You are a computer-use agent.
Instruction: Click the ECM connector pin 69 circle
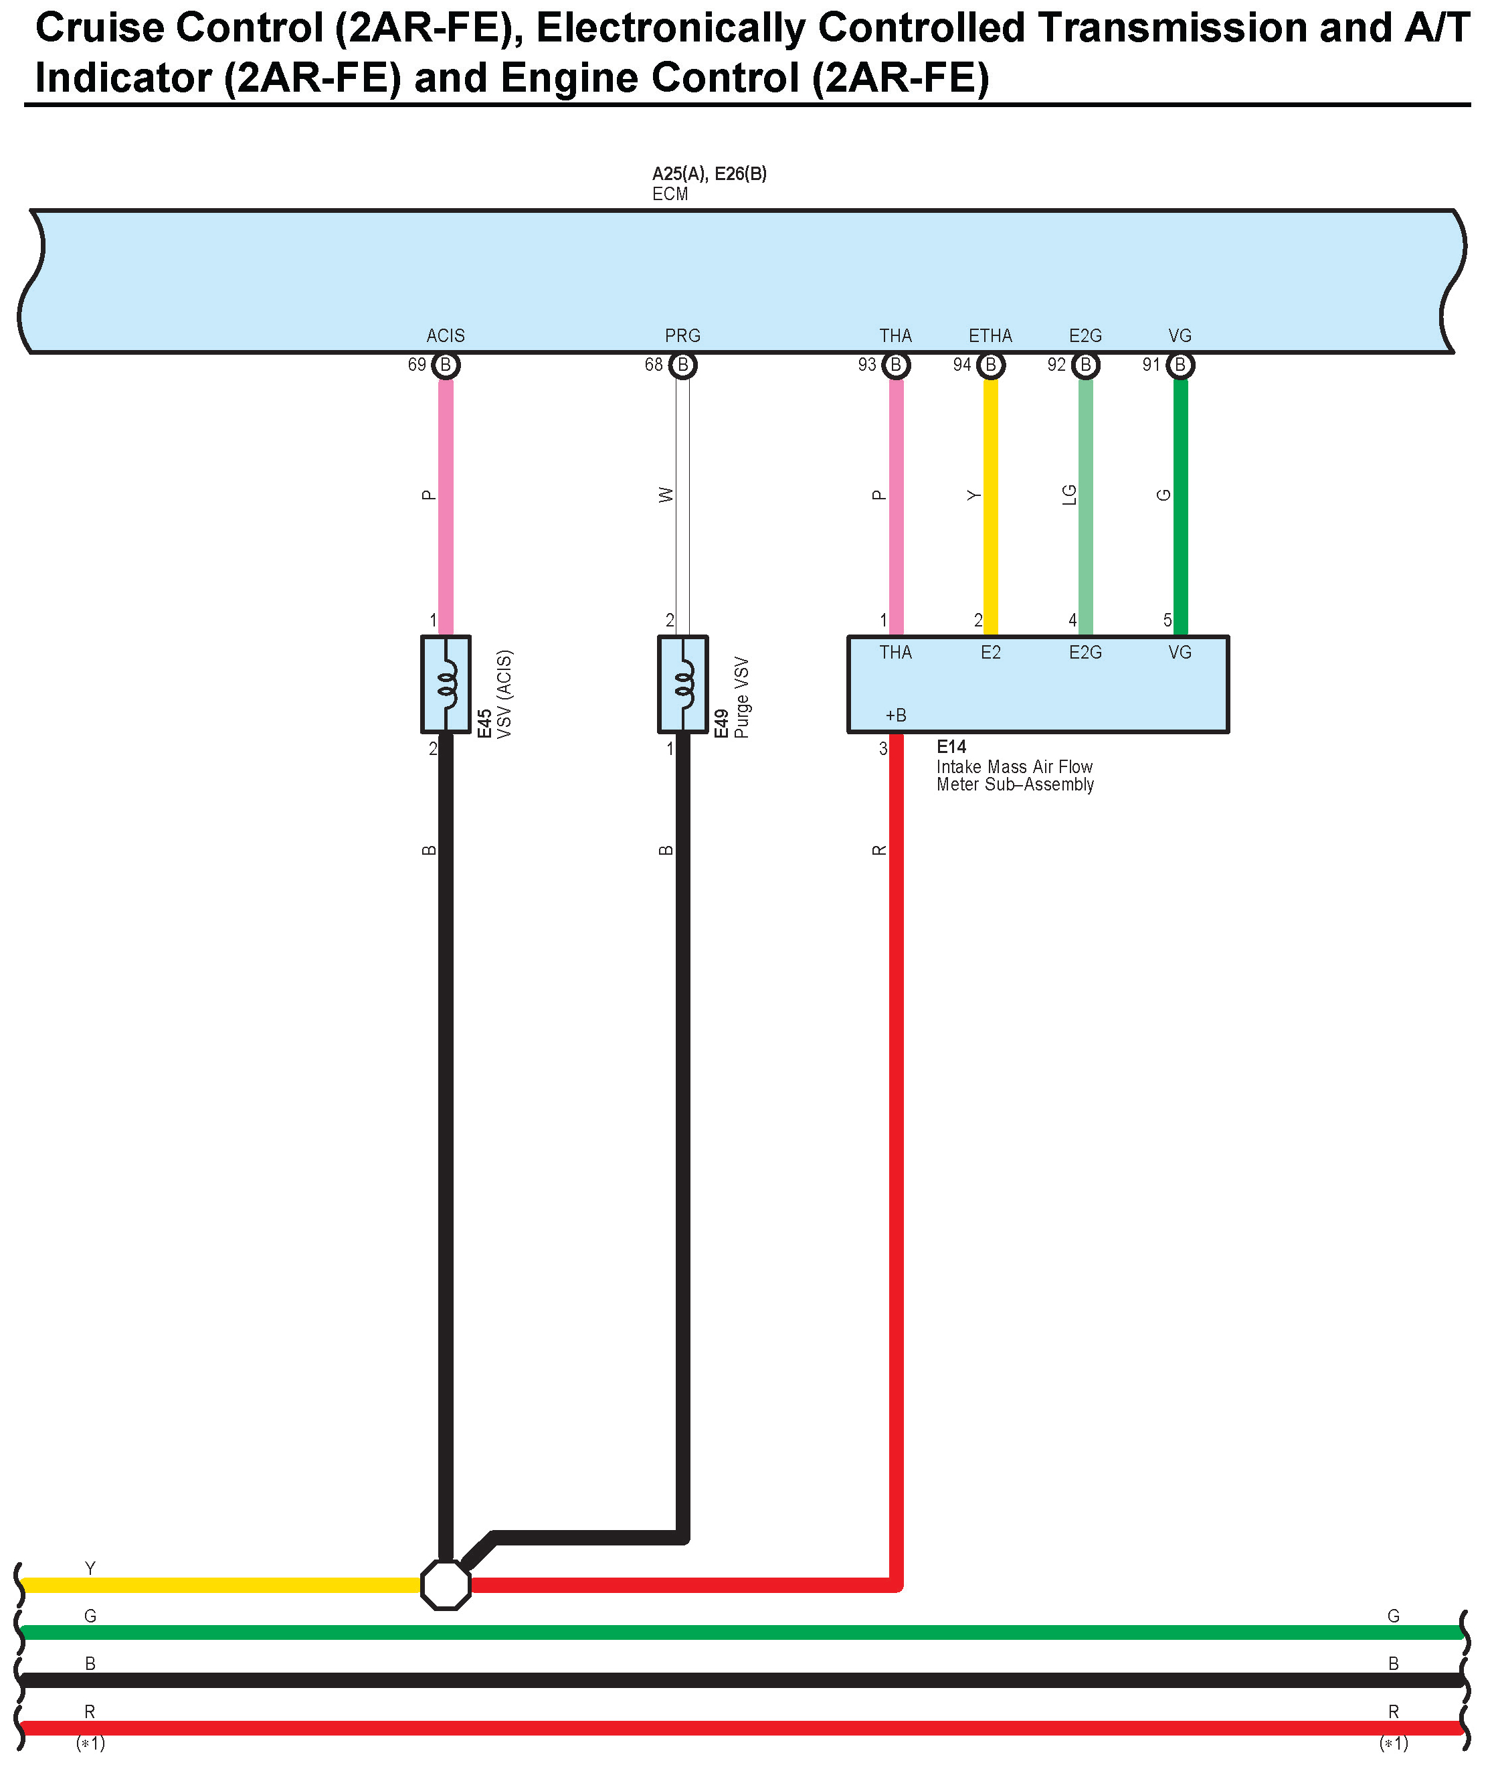click(445, 365)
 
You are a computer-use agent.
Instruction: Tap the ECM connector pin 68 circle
click(682, 365)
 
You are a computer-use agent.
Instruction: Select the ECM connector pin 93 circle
click(896, 365)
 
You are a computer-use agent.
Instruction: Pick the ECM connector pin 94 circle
click(991, 365)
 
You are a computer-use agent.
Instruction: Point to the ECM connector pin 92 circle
click(1085, 365)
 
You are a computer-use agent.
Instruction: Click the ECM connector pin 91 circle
click(1180, 365)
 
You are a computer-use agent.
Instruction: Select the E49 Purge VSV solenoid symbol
click(682, 684)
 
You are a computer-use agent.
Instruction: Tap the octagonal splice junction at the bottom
click(445, 1585)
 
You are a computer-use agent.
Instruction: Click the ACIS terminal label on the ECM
click(445, 336)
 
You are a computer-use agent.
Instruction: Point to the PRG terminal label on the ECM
click(682, 336)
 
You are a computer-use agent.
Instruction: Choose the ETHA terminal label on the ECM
click(991, 336)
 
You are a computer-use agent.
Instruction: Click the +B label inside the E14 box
click(896, 715)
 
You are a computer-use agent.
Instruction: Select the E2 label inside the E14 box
click(991, 653)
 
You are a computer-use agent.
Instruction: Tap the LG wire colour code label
click(1070, 495)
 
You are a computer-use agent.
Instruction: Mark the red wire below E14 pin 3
click(896, 1018)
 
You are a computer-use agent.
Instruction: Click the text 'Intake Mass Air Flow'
click(1014, 767)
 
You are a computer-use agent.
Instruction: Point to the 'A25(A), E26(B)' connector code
click(709, 174)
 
